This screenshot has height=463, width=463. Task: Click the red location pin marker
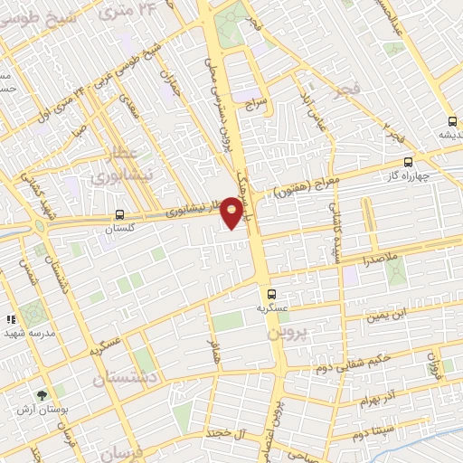pos(232,214)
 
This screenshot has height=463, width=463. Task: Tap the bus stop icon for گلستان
pos(120,215)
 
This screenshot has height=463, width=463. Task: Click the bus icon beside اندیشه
pos(452,121)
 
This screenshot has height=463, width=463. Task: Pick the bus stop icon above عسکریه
pos(271,293)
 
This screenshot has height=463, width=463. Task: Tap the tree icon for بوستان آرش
pos(41,395)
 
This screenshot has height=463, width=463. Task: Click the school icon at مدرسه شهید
pos(12,319)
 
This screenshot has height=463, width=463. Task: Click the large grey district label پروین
pos(288,332)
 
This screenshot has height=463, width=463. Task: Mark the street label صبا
pos(80,129)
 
